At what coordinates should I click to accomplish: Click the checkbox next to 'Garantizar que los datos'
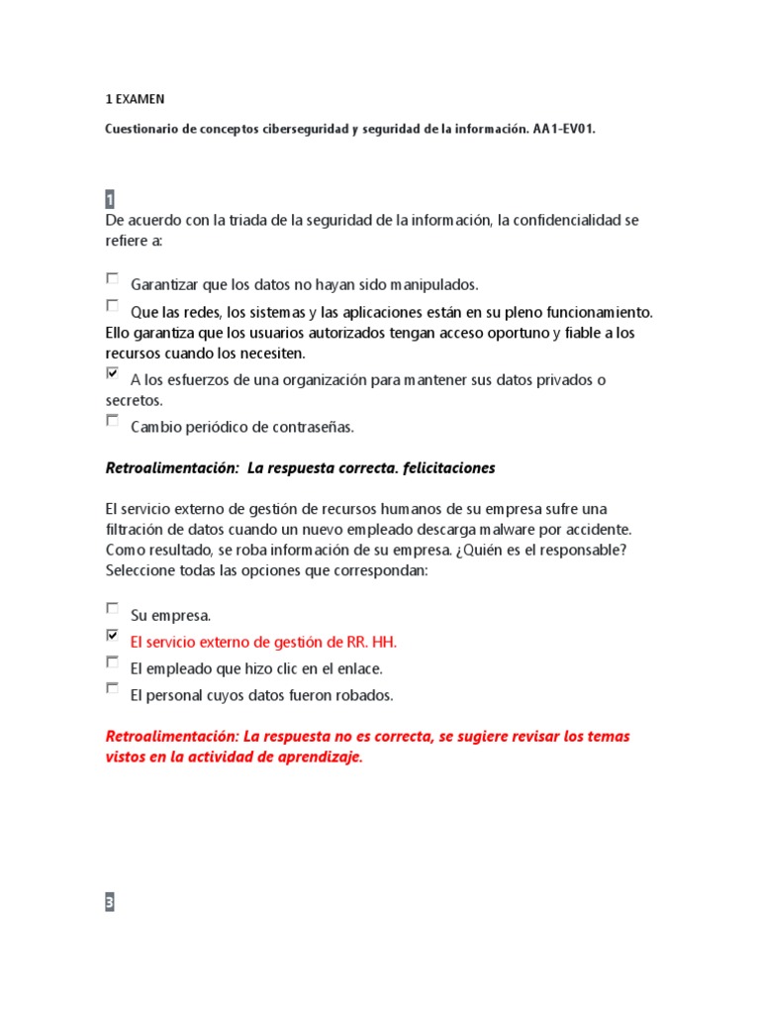(x=112, y=279)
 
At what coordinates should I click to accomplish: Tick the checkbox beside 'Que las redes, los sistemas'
(x=112, y=306)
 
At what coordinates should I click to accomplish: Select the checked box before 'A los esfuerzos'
(x=112, y=374)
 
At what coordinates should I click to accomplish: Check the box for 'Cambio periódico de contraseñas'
(x=112, y=421)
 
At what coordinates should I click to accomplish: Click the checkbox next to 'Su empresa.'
(x=112, y=609)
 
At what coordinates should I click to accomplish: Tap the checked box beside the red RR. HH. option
(x=112, y=636)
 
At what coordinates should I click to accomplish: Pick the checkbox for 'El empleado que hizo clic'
(x=112, y=662)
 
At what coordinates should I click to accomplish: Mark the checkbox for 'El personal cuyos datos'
(x=112, y=688)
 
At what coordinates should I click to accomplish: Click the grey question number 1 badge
(x=110, y=199)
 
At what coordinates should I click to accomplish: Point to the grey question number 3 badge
(x=110, y=902)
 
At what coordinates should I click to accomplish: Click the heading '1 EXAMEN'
(x=136, y=100)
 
